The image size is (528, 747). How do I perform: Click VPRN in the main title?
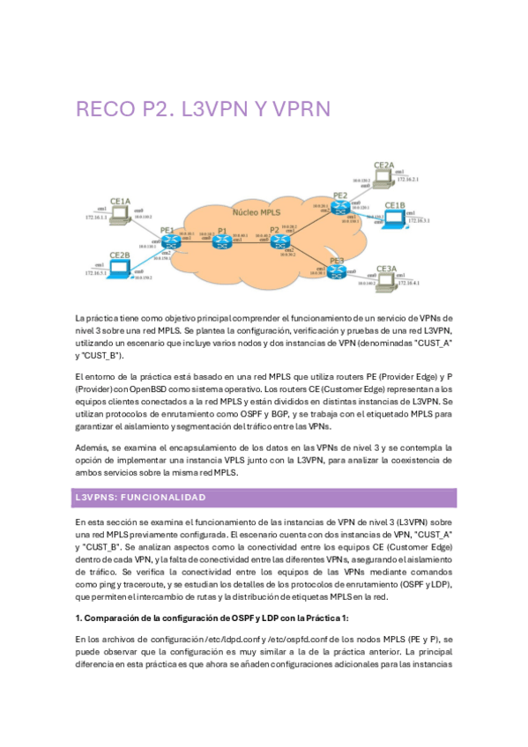pos(297,109)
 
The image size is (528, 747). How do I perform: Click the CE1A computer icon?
pos(121,214)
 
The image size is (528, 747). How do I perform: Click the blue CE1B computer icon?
pos(394,219)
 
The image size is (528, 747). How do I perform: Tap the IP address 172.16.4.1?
pos(408,284)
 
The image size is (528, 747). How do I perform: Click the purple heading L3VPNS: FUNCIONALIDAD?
pos(140,498)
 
